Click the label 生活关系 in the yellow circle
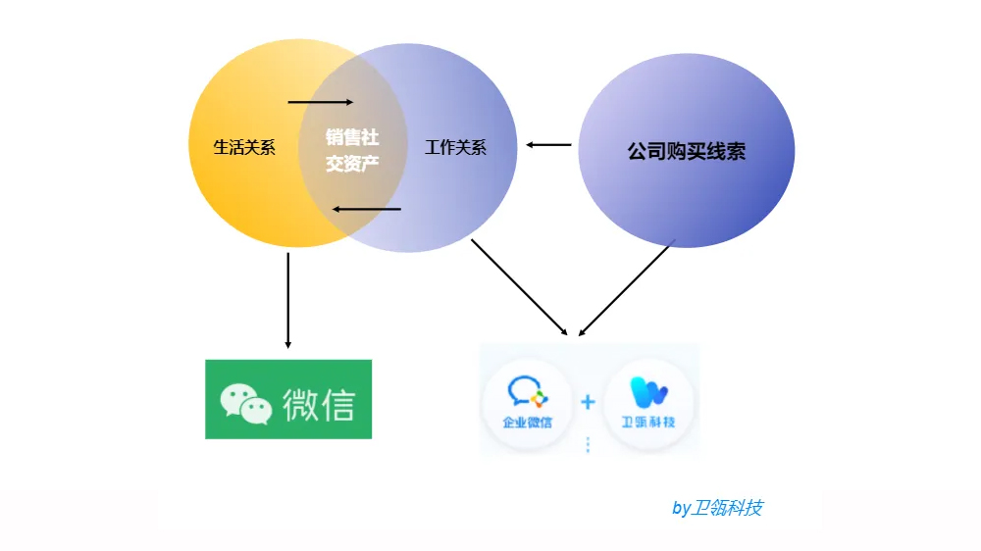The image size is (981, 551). point(244,148)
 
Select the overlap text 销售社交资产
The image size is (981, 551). point(352,150)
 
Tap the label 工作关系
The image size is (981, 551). point(455,148)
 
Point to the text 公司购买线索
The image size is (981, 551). point(686,151)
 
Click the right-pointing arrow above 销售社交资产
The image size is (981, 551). point(321,102)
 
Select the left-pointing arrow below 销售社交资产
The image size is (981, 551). point(366,209)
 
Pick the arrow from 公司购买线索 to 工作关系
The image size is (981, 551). point(548,145)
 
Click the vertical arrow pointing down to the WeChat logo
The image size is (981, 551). point(287,300)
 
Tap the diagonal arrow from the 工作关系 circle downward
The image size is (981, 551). point(519,286)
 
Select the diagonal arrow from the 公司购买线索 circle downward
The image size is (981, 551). point(628,288)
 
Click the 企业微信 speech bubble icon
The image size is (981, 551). point(526,392)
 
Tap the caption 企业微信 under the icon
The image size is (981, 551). point(527,423)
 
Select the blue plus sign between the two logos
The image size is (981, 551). point(588,402)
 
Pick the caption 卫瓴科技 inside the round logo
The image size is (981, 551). point(648,423)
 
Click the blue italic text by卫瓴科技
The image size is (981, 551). point(717,508)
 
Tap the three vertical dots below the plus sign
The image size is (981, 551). point(588,444)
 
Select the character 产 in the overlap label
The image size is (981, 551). point(369,163)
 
